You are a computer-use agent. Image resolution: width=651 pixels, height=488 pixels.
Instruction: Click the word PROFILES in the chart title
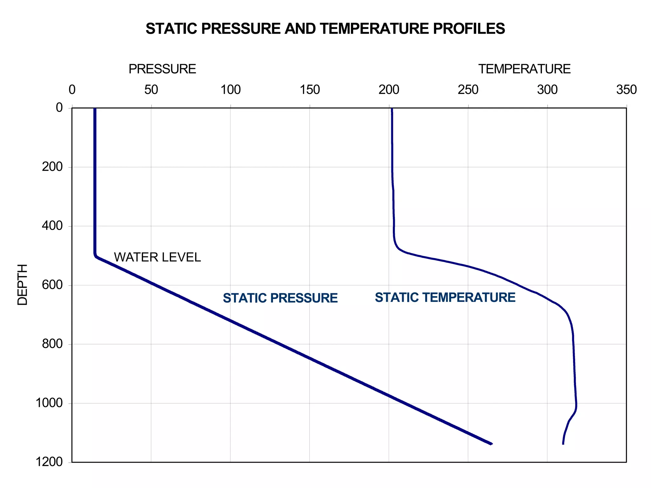(x=469, y=29)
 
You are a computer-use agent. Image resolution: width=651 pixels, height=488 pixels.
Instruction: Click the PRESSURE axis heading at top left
(x=162, y=69)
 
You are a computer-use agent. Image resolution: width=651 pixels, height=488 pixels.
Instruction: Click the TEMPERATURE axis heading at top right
(x=524, y=69)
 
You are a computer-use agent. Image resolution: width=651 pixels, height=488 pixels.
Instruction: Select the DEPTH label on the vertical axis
(x=23, y=285)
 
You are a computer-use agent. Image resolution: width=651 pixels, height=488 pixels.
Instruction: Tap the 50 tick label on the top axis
(x=151, y=90)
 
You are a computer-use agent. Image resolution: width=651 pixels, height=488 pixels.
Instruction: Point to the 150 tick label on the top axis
(x=310, y=90)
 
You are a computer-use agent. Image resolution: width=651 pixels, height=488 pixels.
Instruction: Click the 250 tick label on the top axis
(x=468, y=90)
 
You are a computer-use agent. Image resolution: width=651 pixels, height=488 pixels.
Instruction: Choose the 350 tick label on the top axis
(x=626, y=90)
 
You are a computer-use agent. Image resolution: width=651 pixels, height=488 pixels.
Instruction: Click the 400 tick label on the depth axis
(x=52, y=226)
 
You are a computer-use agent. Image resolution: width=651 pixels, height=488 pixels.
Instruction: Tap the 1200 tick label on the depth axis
(x=49, y=462)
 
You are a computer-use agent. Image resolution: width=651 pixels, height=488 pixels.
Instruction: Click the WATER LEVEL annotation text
(x=157, y=257)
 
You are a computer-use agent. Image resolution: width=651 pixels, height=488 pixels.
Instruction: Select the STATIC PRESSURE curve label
(x=280, y=298)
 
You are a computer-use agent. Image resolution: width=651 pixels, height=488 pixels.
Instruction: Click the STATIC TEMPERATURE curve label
(x=445, y=297)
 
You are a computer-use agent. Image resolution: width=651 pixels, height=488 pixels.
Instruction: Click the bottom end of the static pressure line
(x=491, y=444)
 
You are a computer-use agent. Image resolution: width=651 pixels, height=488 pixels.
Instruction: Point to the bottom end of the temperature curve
(x=563, y=444)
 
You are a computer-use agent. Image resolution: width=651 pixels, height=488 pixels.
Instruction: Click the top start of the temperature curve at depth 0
(x=392, y=109)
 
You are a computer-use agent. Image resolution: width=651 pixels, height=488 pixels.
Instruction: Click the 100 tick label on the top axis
(x=230, y=90)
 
